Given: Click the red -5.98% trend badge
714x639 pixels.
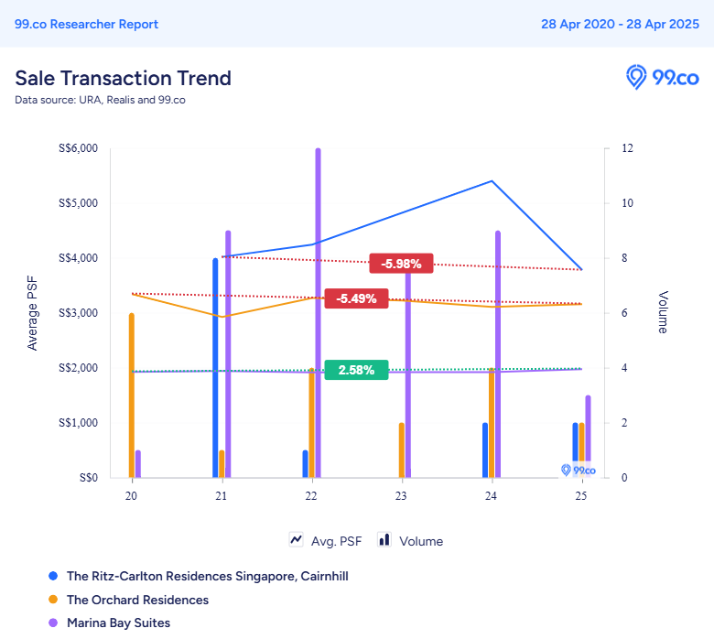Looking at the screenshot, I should coord(401,264).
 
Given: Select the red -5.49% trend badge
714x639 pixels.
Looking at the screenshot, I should coord(356,298).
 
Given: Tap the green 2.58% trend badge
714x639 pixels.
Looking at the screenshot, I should coord(356,370).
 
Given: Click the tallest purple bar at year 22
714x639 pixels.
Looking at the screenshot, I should coord(318,311).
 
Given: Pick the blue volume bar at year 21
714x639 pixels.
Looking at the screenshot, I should coord(216,366).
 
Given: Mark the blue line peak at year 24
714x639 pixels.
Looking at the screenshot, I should coord(492,181).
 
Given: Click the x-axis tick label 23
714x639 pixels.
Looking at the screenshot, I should coord(402,495).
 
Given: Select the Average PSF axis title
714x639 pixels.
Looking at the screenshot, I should coord(33,313).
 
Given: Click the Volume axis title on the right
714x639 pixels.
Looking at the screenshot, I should coord(663,312).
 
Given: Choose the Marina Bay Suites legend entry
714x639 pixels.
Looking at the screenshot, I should coord(118,623).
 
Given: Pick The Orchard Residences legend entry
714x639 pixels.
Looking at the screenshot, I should coord(137,600).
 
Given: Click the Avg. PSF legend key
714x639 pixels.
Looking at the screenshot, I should coord(326,540).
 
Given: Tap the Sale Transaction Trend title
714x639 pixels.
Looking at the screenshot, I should coord(123,78).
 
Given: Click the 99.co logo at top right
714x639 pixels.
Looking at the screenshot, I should coord(662,77).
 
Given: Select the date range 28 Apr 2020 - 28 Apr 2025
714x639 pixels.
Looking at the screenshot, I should coord(620,25).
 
